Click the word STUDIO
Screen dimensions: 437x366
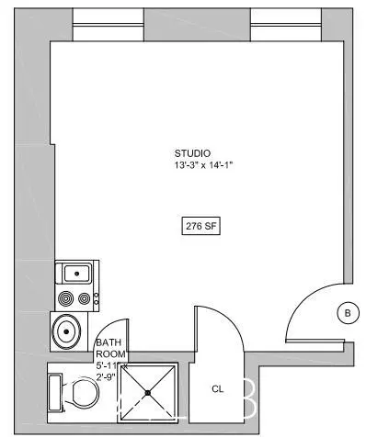tap(193, 152)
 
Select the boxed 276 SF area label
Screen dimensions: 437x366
tap(200, 225)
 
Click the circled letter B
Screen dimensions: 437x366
tap(348, 313)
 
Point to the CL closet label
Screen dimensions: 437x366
tap(218, 388)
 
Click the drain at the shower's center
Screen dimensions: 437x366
tap(147, 393)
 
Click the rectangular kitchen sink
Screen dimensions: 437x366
tap(75, 272)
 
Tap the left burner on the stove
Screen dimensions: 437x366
tap(66, 297)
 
